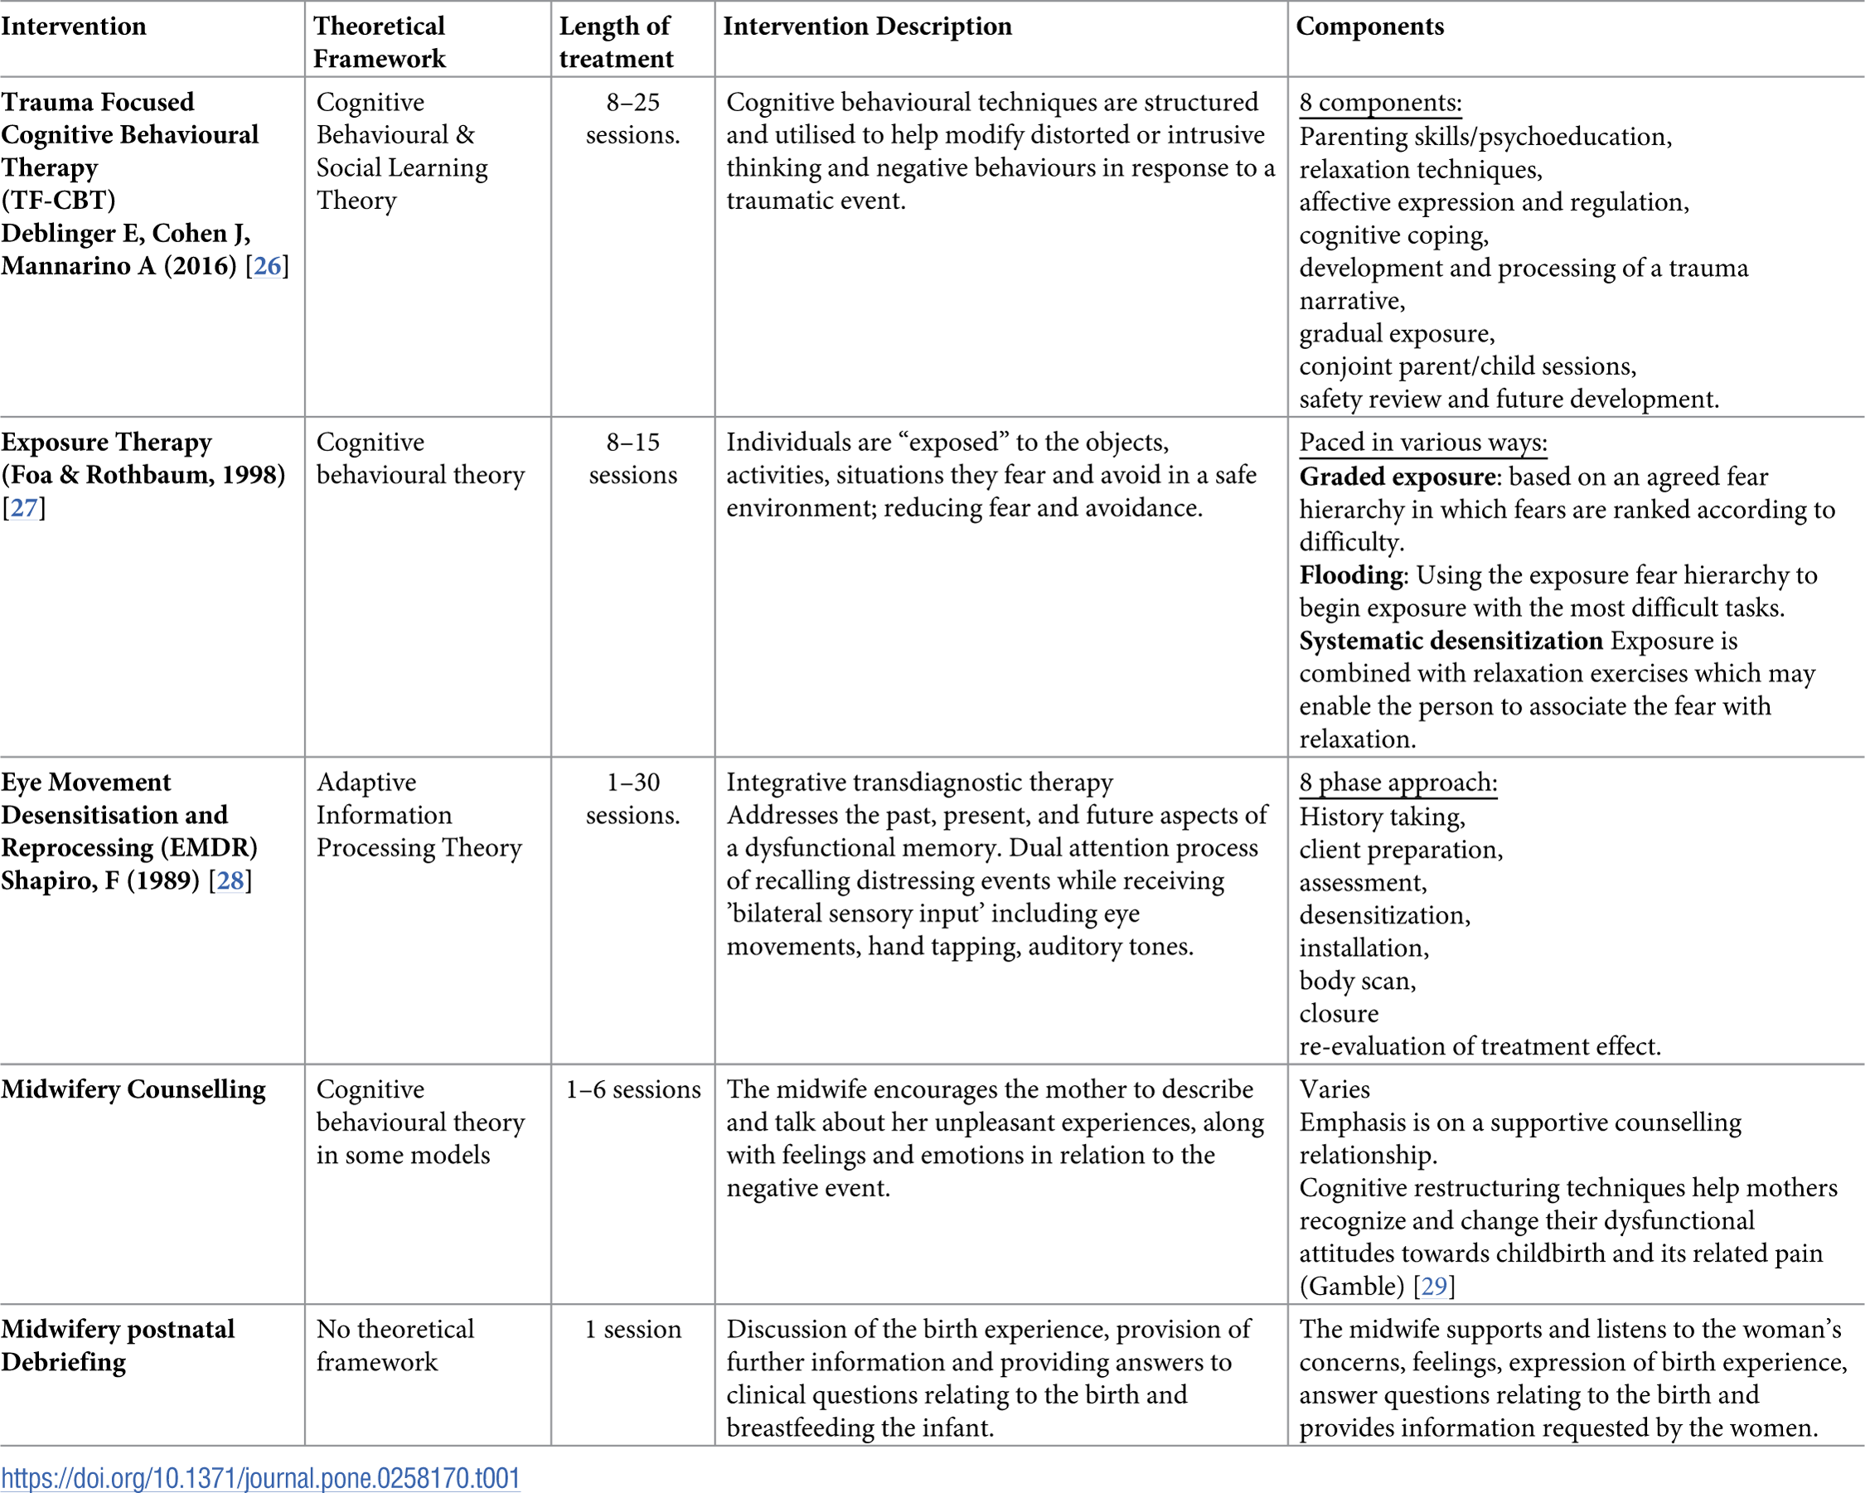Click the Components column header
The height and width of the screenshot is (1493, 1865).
tap(1369, 26)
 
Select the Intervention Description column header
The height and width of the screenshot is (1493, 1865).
tap(867, 26)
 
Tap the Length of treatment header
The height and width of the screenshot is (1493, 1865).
tap(615, 41)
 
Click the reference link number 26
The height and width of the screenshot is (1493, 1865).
tap(267, 265)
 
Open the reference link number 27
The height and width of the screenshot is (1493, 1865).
tap(23, 508)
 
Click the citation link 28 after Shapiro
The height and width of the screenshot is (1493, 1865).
tap(230, 880)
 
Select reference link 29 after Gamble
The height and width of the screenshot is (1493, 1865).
tap(1433, 1287)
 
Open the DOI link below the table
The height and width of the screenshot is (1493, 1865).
tap(260, 1477)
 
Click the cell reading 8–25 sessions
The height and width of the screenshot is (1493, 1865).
tap(632, 119)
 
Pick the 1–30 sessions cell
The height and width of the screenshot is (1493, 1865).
tap(632, 798)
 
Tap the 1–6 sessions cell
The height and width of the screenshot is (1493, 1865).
tap(632, 1089)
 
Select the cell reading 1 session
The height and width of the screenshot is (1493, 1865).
tap(632, 1329)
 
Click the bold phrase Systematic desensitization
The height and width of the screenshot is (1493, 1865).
tap(1451, 641)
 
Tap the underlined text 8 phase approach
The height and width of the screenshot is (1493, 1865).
tap(1397, 782)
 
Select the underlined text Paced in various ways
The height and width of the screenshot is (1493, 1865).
tap(1423, 442)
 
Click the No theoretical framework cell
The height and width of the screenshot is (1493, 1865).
tap(395, 1345)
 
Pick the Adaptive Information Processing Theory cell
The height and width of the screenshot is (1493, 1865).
tap(419, 815)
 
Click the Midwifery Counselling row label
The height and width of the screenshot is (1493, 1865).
tap(133, 1089)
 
